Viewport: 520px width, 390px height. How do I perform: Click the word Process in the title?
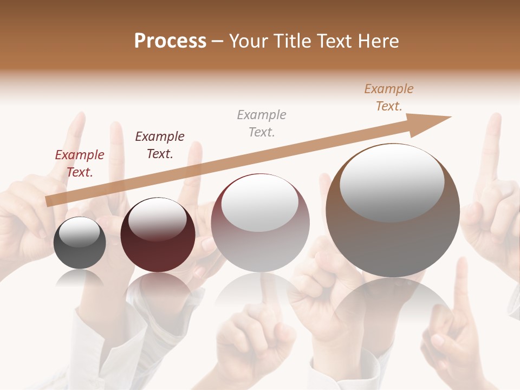point(170,41)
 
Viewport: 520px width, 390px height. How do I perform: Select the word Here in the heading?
point(379,41)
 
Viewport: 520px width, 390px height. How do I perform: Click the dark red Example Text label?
point(80,164)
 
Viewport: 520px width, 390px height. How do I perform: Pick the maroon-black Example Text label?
point(160,145)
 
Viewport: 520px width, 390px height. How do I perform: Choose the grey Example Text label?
point(262,123)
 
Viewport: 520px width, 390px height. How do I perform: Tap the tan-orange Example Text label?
point(389,97)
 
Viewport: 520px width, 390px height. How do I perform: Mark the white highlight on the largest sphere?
point(392,183)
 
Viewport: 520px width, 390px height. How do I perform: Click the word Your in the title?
point(249,41)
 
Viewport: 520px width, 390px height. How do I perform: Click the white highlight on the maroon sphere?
point(157,219)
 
